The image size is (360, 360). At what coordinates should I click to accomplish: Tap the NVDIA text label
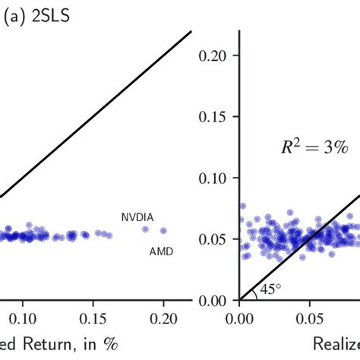[137, 217]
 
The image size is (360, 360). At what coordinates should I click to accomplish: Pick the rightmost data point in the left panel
[163, 231]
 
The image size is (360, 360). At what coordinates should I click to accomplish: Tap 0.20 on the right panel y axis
[213, 55]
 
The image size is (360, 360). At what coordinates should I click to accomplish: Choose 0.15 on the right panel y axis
[213, 117]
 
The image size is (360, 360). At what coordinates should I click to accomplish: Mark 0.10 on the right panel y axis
[213, 178]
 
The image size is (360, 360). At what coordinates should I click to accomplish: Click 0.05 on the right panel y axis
[213, 239]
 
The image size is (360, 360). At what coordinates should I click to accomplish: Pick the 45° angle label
[270, 289]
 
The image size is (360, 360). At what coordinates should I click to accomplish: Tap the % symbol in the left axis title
[111, 343]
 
